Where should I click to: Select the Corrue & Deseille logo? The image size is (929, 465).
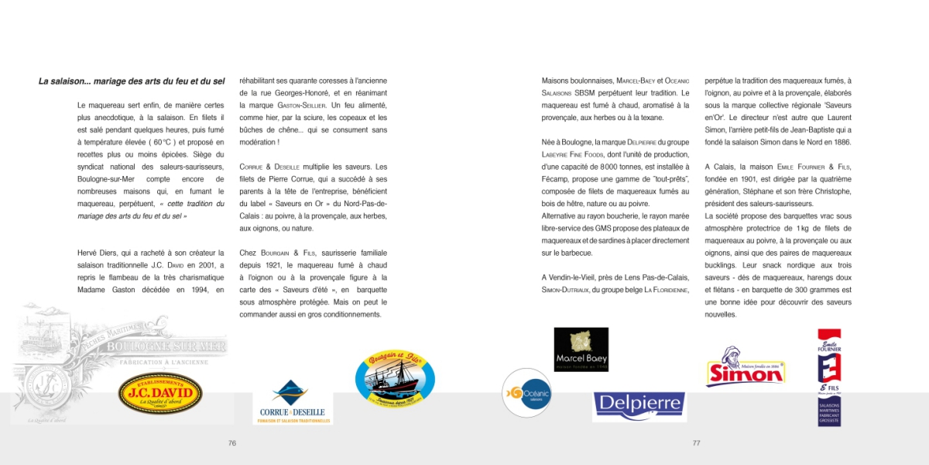coord(292,402)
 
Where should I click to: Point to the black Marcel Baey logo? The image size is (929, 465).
coord(581,350)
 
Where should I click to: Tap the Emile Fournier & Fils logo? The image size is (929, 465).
coord(829,377)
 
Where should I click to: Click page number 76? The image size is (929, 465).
coord(231,443)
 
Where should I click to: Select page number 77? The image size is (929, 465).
coord(696,443)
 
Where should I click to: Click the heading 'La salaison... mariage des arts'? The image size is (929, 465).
coord(132,81)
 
